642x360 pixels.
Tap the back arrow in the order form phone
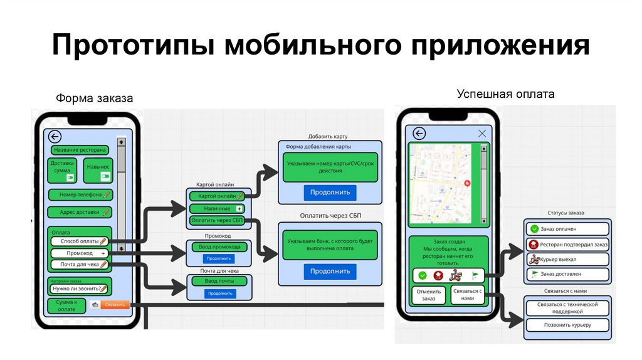[x=55, y=137]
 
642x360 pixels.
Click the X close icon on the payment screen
[x=482, y=134]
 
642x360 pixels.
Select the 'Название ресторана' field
[x=80, y=151]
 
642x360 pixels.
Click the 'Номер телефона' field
[x=80, y=194]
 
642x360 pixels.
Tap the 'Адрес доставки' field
[x=80, y=212]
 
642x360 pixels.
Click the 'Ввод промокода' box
[x=219, y=247]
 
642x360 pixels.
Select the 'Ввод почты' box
[x=219, y=282]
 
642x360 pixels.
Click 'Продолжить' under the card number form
[x=330, y=191]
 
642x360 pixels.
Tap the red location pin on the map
[x=467, y=183]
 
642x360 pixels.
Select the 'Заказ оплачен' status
[x=567, y=229]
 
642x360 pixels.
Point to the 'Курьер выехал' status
[x=567, y=259]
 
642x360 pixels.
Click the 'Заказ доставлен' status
[x=567, y=274]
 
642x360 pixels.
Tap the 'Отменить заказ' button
[x=428, y=295]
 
